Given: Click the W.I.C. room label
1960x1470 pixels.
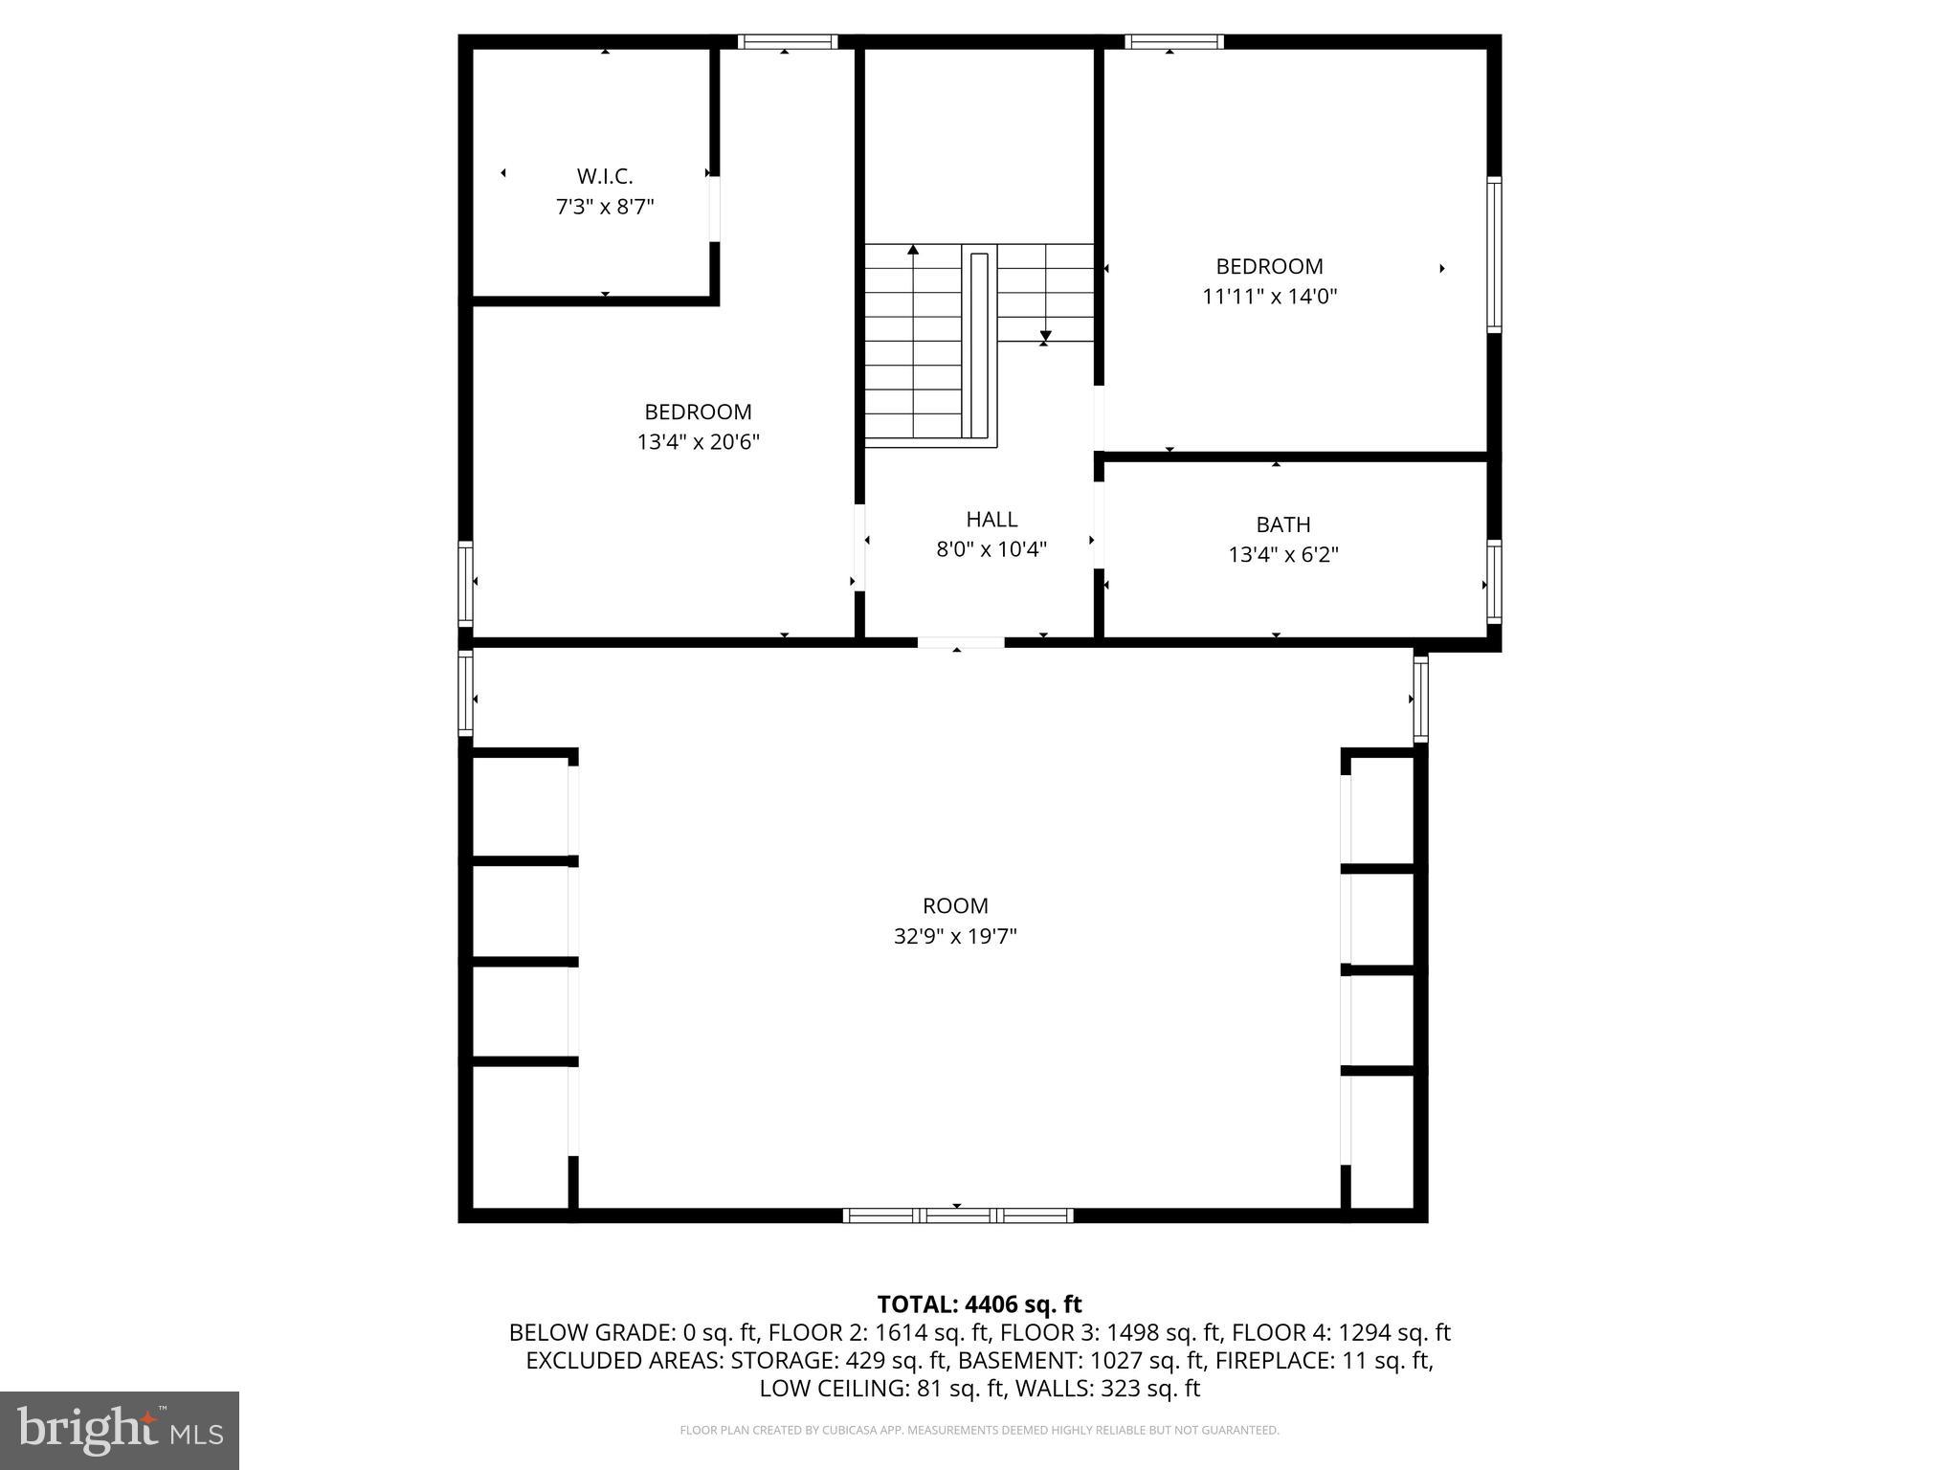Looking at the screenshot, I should pyautogui.click(x=604, y=176).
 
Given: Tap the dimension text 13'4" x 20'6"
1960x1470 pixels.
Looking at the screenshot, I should pyautogui.click(x=698, y=442).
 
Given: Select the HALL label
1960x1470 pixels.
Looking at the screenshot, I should pyautogui.click(x=991, y=520).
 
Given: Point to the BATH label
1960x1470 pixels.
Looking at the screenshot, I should pyautogui.click(x=1282, y=524).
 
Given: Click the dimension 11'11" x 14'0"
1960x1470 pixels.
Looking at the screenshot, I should pyautogui.click(x=1269, y=297).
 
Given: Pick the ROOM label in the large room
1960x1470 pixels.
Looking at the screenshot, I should pyautogui.click(x=955, y=905).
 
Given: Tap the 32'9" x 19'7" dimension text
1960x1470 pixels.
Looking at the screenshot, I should pyautogui.click(x=955, y=936).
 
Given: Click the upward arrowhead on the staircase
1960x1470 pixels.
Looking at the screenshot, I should pyautogui.click(x=913, y=250).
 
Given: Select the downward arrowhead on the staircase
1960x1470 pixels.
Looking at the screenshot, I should pyautogui.click(x=1045, y=336).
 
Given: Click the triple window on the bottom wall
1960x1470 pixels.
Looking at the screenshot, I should pyautogui.click(x=957, y=1215).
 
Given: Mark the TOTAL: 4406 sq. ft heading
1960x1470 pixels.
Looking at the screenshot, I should pyautogui.click(x=979, y=1304).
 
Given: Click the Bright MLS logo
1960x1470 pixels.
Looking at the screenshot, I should pyautogui.click(x=120, y=1430).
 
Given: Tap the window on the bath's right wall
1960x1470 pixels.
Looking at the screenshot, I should pyautogui.click(x=1493, y=582).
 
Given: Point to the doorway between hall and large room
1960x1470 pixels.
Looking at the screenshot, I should pyautogui.click(x=960, y=642).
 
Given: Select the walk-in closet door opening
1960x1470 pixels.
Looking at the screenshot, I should pyautogui.click(x=714, y=209).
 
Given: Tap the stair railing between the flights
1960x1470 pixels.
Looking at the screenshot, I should pyautogui.click(x=979, y=345).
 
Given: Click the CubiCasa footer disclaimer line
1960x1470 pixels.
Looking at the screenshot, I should pyautogui.click(x=979, y=1430).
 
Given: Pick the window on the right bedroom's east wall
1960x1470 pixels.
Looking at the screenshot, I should pyautogui.click(x=1493, y=254).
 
